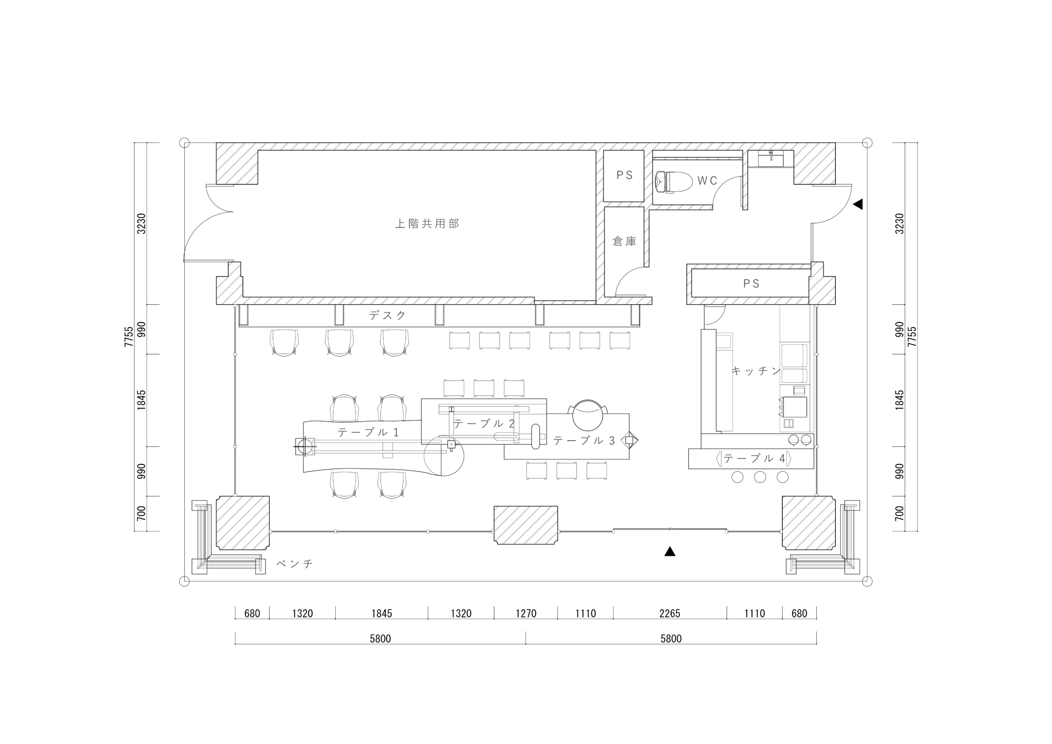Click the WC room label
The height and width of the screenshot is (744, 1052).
(707, 181)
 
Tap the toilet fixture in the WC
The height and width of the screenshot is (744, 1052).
(674, 182)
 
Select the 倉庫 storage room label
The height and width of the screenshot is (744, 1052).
(624, 241)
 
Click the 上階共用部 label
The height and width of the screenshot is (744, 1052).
(427, 224)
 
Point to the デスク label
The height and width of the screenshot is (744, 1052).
(387, 315)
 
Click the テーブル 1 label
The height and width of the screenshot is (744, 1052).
(368, 432)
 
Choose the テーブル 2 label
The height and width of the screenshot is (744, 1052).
(484, 424)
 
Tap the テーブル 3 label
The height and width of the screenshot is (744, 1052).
(584, 441)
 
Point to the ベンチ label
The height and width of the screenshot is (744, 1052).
(295, 563)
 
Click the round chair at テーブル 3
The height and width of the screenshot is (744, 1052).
(587, 415)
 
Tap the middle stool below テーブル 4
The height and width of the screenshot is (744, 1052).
(760, 477)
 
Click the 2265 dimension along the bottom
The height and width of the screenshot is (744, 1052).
(669, 613)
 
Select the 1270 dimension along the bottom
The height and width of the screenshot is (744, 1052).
(526, 613)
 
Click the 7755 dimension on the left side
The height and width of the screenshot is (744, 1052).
(129, 336)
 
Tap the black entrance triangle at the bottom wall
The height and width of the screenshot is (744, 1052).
(670, 552)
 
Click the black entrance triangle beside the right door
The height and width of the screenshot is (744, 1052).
(858, 204)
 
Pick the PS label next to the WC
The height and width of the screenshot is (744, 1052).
(624, 175)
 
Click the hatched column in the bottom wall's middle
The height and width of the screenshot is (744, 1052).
(526, 525)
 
